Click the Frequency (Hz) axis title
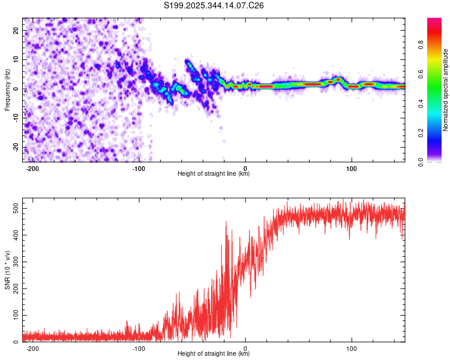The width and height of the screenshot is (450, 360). pos(7,89)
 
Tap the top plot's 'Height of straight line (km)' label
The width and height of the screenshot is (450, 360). pos(214,174)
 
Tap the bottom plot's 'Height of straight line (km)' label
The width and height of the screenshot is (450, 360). pos(214,354)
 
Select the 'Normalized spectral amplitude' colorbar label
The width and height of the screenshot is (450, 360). pos(445,90)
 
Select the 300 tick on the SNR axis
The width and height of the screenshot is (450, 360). pos(14,262)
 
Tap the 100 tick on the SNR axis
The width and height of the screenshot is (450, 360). pos(14,315)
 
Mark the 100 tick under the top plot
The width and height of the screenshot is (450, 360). pos(352,169)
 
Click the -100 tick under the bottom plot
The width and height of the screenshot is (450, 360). pos(139,349)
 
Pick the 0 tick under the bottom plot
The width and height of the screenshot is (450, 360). pos(245,349)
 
